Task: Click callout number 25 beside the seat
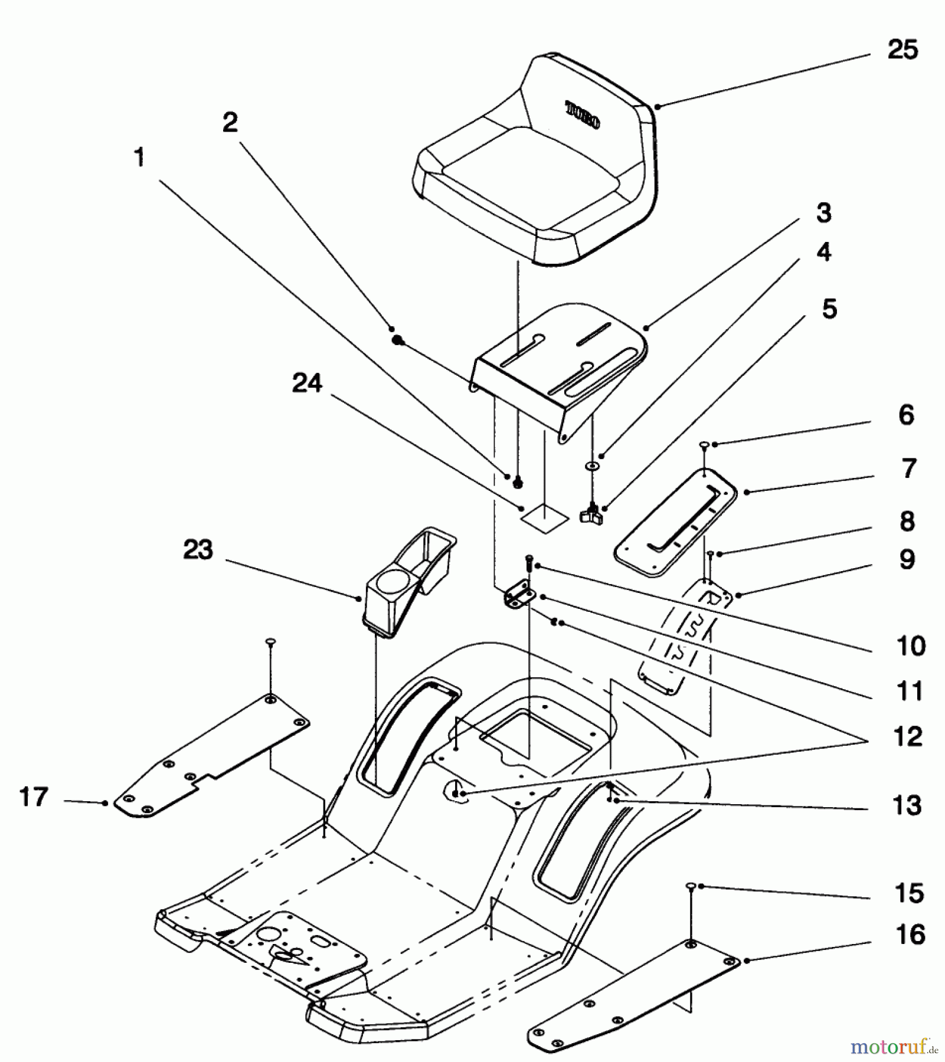[903, 50]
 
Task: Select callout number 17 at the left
[34, 797]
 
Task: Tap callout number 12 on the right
[908, 736]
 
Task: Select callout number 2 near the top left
[230, 122]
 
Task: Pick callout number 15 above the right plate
[909, 893]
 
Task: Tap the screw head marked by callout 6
[704, 444]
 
